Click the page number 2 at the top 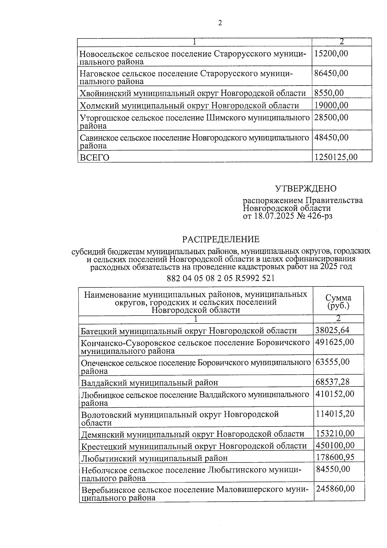point(220,23)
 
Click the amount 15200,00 point(331,53)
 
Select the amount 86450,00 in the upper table point(331,73)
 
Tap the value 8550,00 point(329,93)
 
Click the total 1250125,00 point(336,157)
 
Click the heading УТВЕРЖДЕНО point(305,189)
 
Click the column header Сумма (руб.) point(338,302)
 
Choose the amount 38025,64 point(332,330)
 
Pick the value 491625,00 point(334,342)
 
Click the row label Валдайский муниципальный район point(150,383)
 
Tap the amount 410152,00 point(334,394)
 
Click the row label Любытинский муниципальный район point(154,458)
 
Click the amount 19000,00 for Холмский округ point(331,105)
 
